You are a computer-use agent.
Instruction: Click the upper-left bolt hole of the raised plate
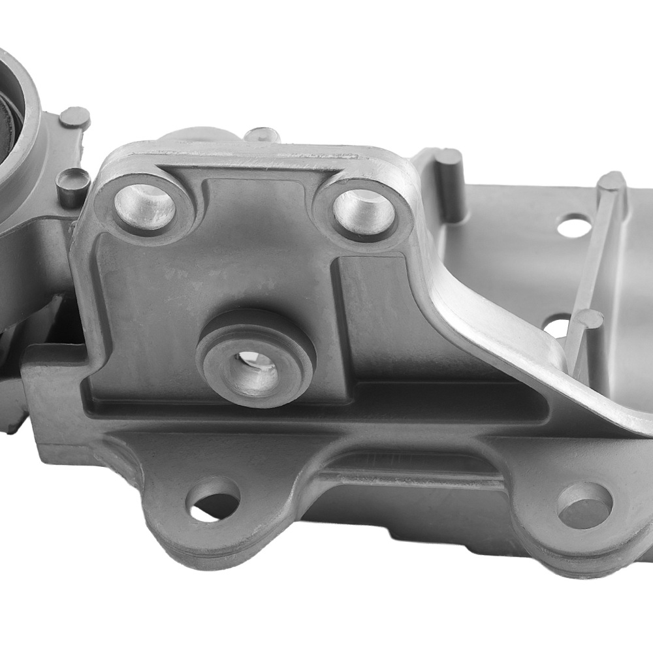pyautogui.click(x=144, y=206)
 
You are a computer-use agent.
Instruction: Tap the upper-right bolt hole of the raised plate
pyautogui.click(x=363, y=211)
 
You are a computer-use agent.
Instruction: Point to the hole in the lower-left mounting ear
pyautogui.click(x=213, y=500)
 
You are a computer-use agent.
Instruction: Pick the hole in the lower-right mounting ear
pyautogui.click(x=584, y=505)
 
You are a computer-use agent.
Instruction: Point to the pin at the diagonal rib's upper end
pyautogui.click(x=612, y=182)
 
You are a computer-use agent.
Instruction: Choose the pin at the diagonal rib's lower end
pyautogui.click(x=588, y=320)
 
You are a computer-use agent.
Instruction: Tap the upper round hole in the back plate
pyautogui.click(x=575, y=226)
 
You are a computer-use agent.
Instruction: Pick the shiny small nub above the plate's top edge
pyautogui.click(x=263, y=135)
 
